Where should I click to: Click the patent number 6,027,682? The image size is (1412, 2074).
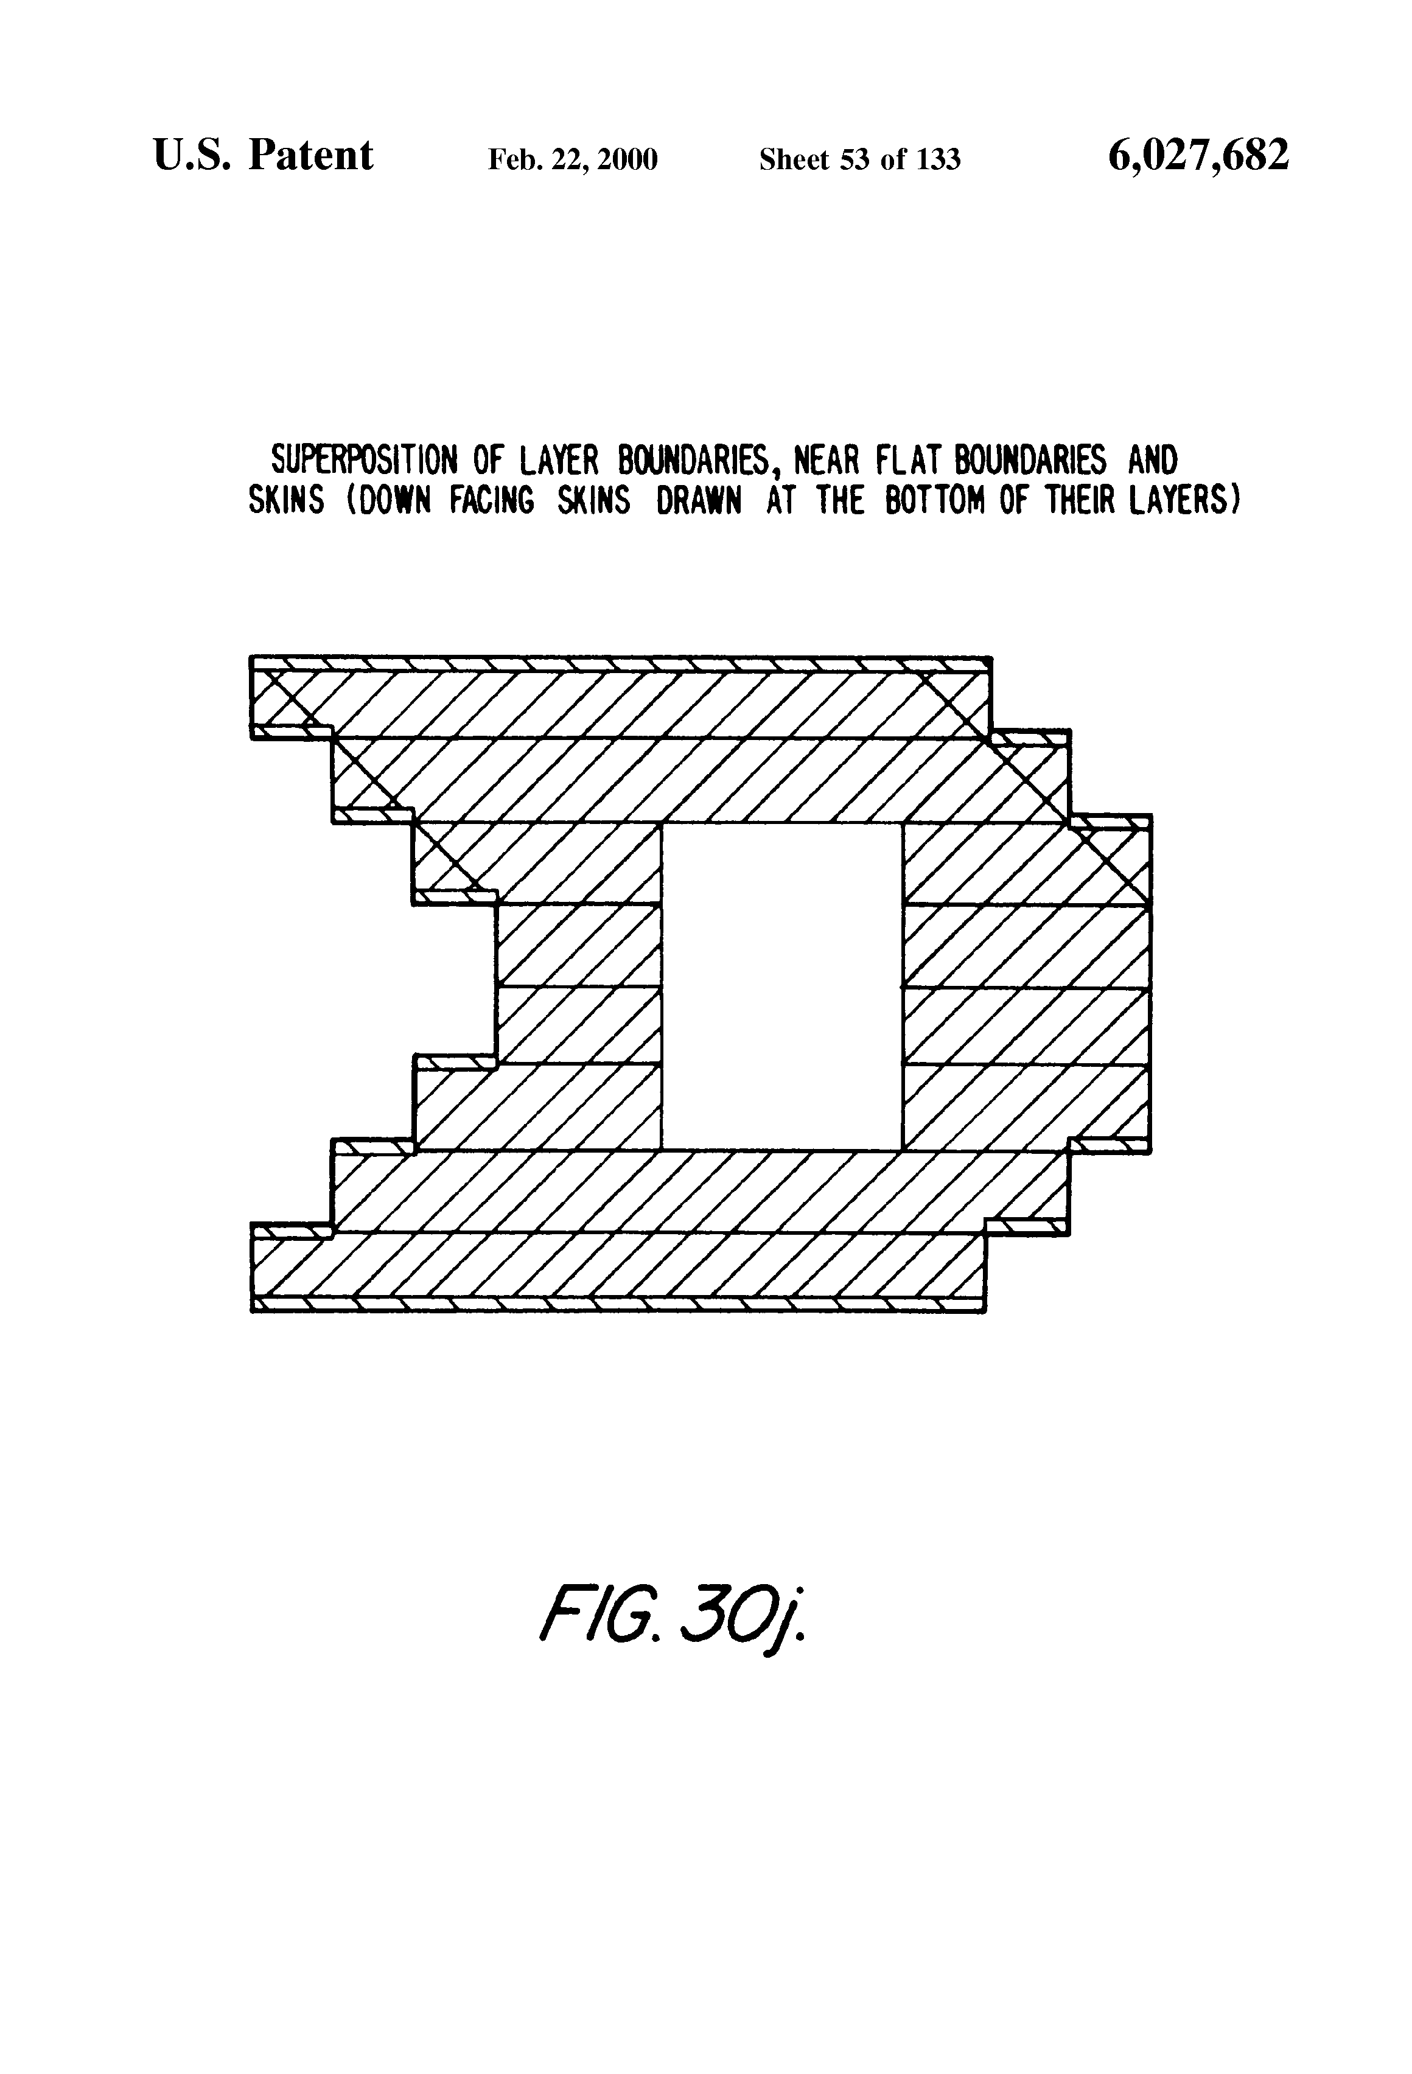pyautogui.click(x=1198, y=156)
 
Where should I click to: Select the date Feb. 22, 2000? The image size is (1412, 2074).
pyautogui.click(x=572, y=159)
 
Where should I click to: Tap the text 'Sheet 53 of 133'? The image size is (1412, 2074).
pyautogui.click(x=859, y=159)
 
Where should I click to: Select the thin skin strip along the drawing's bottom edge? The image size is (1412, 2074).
pyautogui.click(x=618, y=1305)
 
